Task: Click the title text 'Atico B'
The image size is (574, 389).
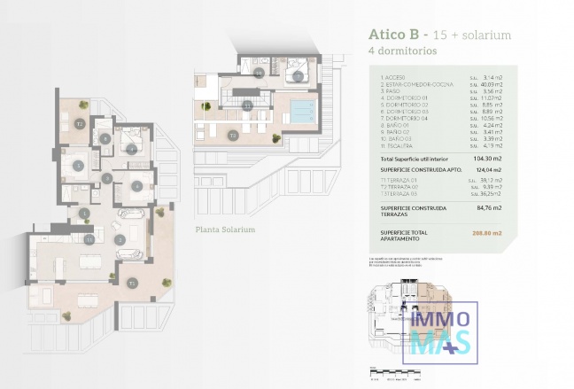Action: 394,35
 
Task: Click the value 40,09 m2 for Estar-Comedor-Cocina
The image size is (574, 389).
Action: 492,84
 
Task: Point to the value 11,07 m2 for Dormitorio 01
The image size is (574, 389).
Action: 493,97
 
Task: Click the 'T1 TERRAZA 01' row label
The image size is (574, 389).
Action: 398,181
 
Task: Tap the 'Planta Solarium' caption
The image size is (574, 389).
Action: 225,230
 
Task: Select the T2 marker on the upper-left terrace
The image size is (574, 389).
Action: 80,124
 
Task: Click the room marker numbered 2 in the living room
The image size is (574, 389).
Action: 119,240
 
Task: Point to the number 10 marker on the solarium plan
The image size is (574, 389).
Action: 259,74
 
